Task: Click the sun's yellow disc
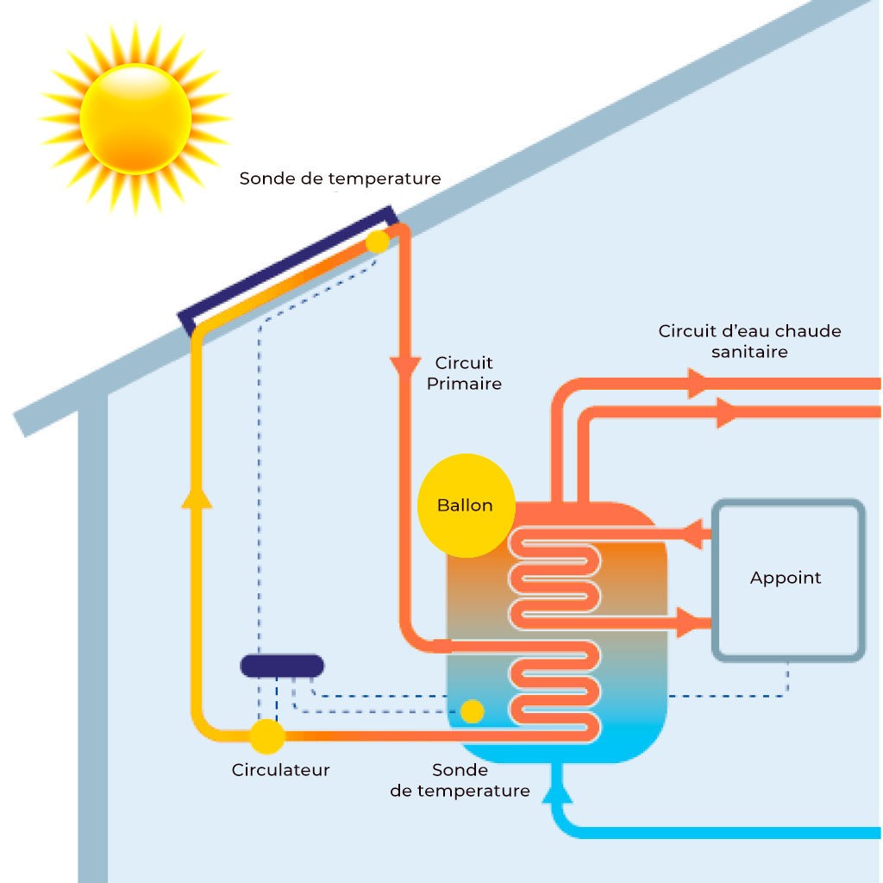click(135, 118)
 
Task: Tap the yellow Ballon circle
click(466, 505)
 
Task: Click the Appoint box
click(786, 579)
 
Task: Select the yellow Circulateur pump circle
click(266, 736)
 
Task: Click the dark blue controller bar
click(282, 666)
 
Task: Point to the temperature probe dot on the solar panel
click(378, 241)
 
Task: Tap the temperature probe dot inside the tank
click(472, 711)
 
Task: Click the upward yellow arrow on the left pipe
click(197, 495)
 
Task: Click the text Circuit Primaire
click(464, 373)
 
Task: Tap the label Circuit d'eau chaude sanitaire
click(748, 341)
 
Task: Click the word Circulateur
click(280, 770)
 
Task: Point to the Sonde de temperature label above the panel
click(340, 178)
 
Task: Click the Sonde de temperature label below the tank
click(460, 780)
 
